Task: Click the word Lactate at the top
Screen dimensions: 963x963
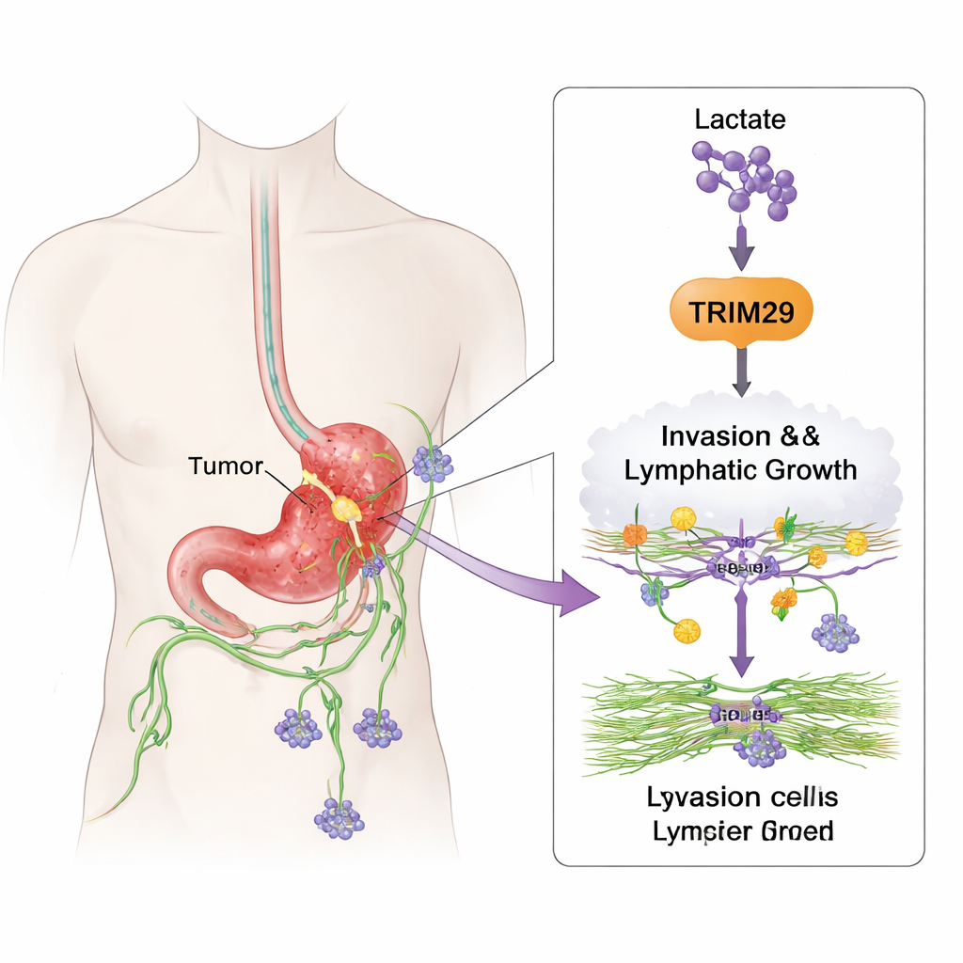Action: click(x=740, y=119)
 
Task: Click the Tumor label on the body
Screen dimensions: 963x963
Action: click(x=226, y=466)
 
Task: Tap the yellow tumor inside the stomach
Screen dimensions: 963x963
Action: click(x=346, y=510)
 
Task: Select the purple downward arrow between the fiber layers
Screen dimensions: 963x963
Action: click(x=742, y=639)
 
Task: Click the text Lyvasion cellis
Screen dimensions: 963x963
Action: click(x=742, y=797)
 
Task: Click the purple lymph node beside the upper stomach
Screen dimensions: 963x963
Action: click(x=432, y=463)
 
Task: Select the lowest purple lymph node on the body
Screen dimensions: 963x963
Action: click(x=338, y=817)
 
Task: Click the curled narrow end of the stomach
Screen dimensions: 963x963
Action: click(x=193, y=574)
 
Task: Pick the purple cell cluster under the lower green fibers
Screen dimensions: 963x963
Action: click(x=760, y=748)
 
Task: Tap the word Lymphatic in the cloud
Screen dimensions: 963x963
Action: click(x=696, y=468)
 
